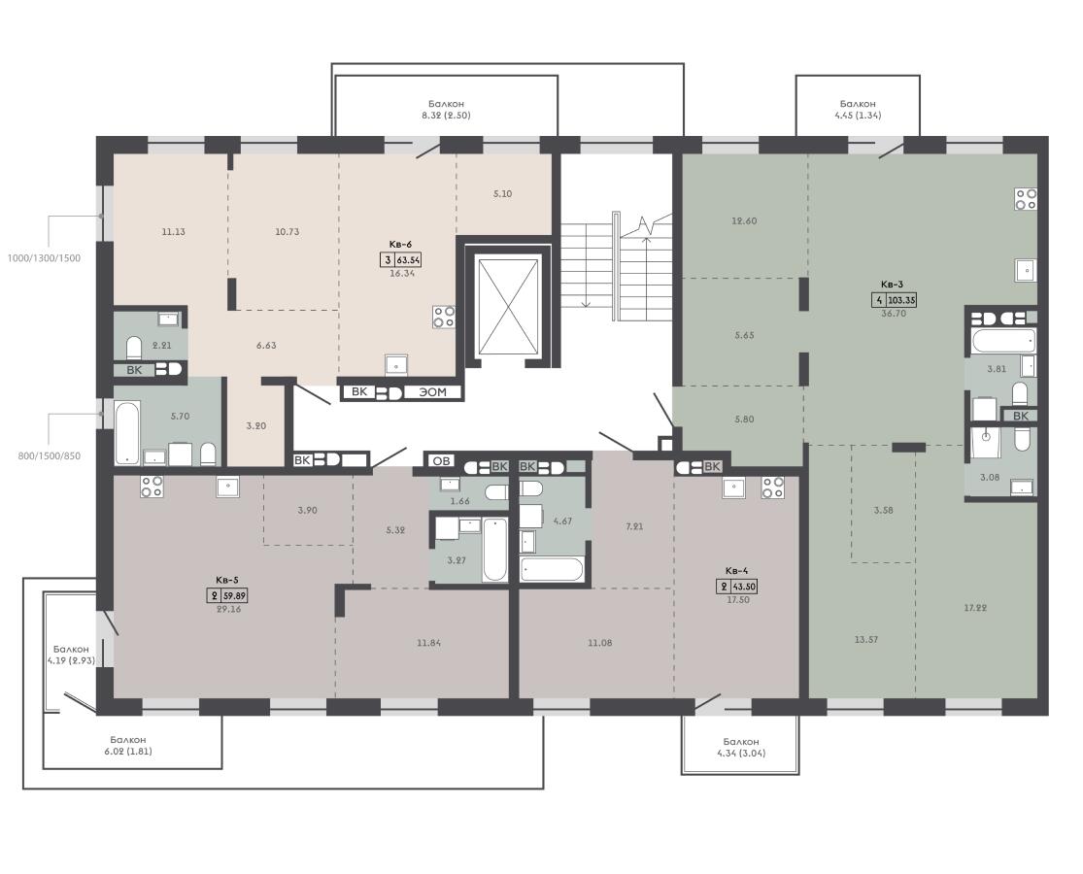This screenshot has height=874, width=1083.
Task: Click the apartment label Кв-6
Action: pyautogui.click(x=400, y=245)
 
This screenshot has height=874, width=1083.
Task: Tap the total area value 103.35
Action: pyautogui.click(x=902, y=300)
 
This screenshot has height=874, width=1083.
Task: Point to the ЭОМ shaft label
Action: pyautogui.click(x=433, y=392)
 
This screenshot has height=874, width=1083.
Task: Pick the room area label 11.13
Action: pyautogui.click(x=173, y=232)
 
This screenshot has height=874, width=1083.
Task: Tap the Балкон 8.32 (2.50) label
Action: pyautogui.click(x=446, y=110)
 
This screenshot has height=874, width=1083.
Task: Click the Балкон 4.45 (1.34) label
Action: pyautogui.click(x=858, y=110)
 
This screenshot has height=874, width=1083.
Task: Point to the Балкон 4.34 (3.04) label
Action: pyautogui.click(x=741, y=747)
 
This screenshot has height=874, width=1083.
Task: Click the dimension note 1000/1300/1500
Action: pyautogui.click(x=44, y=258)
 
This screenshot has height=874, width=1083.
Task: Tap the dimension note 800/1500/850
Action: pyautogui.click(x=49, y=455)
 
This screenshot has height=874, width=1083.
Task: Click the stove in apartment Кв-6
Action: pyautogui.click(x=444, y=317)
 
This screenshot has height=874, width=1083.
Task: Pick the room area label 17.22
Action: pyautogui.click(x=975, y=608)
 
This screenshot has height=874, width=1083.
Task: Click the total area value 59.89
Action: pyautogui.click(x=235, y=596)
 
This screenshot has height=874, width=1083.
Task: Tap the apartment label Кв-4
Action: pyautogui.click(x=736, y=571)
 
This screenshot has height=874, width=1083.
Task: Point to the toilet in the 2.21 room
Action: pyautogui.click(x=134, y=348)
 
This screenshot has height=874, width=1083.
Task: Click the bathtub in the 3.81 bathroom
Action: pyautogui.click(x=1003, y=341)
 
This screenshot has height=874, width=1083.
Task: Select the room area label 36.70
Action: pyautogui.click(x=893, y=314)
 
